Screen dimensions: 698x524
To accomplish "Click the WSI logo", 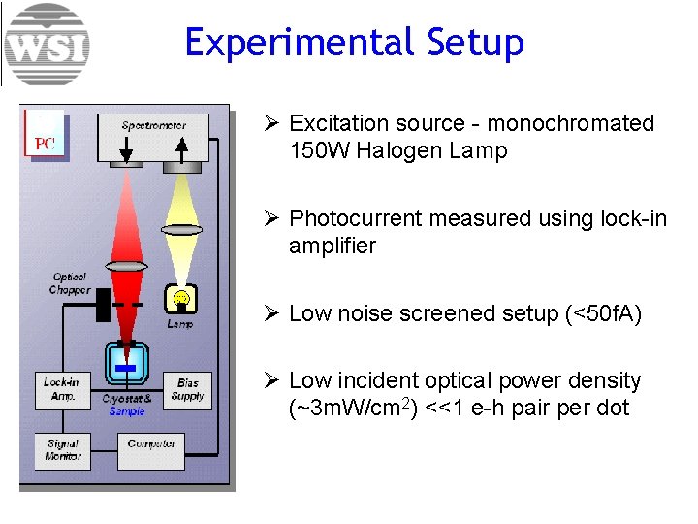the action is click(47, 45).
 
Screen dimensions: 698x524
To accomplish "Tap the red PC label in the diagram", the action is click(45, 144).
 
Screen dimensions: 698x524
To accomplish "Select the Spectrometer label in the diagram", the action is click(153, 125).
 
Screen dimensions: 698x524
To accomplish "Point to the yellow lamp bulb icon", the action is click(180, 298).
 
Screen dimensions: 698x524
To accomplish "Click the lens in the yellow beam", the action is click(181, 230).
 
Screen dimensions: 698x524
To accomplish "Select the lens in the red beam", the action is click(126, 265).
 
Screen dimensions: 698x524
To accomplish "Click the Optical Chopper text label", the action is click(70, 283).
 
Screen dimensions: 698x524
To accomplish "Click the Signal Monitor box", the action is click(63, 450).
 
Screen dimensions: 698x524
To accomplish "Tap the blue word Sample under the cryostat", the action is click(127, 411).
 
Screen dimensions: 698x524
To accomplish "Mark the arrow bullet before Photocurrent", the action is click(272, 218).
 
